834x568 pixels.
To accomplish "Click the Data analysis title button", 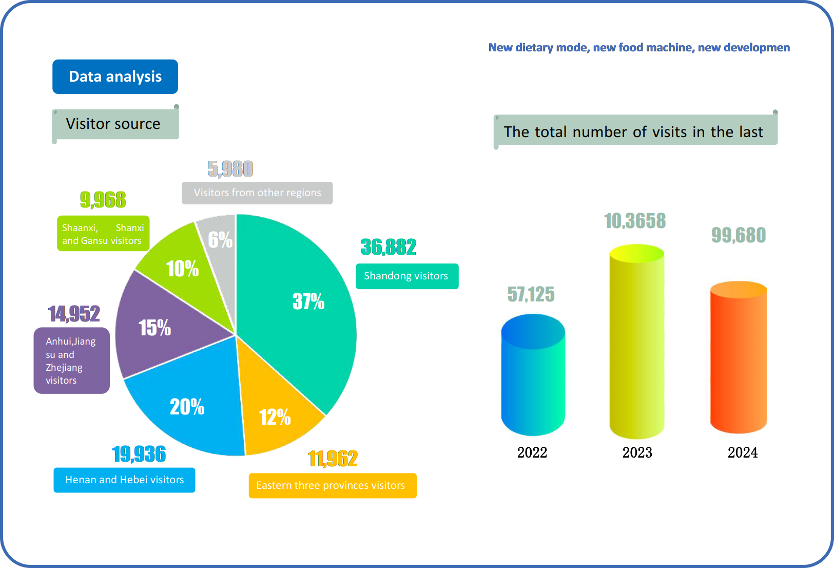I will [x=115, y=77].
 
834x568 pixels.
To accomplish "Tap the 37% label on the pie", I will [x=308, y=301].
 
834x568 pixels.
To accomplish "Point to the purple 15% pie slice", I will [x=154, y=329].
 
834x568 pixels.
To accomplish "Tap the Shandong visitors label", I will [x=406, y=276].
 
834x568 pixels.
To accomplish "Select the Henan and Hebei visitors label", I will [x=124, y=480].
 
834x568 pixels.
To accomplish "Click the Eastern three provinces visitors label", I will [x=332, y=485].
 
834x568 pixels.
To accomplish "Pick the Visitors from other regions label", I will [x=257, y=193].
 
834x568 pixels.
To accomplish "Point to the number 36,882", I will [x=389, y=247].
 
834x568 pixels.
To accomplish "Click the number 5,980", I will [x=230, y=168].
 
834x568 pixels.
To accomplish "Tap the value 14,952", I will [x=74, y=313].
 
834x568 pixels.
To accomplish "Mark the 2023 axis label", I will [x=637, y=452].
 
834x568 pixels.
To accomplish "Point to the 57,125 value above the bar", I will [x=531, y=294].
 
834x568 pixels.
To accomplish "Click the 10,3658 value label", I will [x=635, y=221].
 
